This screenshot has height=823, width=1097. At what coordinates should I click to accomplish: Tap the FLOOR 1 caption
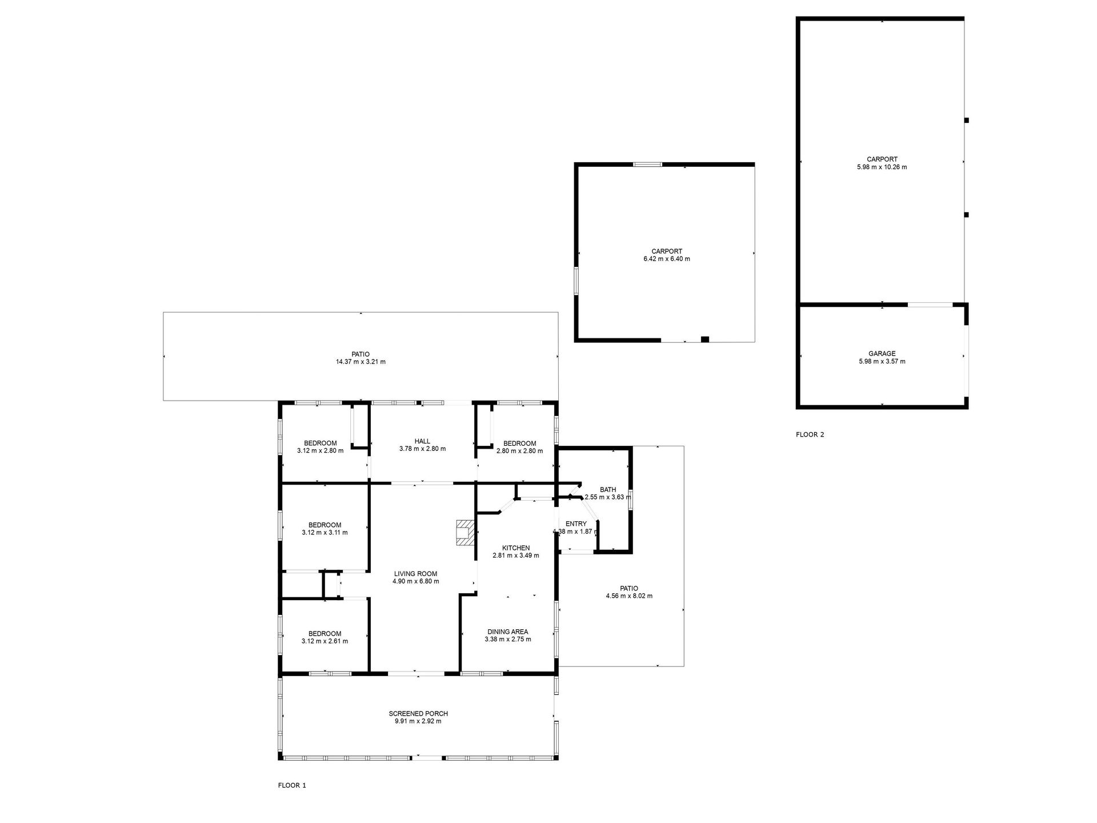pyautogui.click(x=292, y=785)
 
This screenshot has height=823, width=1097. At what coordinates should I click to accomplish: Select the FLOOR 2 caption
pyautogui.click(x=810, y=434)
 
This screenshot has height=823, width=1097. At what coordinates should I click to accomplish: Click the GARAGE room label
pyautogui.click(x=882, y=354)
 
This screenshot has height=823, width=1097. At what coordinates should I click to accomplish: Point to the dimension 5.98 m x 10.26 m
pyautogui.click(x=882, y=167)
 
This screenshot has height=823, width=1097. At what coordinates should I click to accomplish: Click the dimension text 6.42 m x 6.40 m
pyautogui.click(x=667, y=259)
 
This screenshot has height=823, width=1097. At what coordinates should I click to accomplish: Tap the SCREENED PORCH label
pyautogui.click(x=418, y=714)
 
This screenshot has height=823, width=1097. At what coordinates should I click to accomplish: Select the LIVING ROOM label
pyautogui.click(x=415, y=574)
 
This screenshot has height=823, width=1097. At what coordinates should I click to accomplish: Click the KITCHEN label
pyautogui.click(x=516, y=548)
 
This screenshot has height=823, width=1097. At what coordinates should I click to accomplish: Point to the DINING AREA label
pyautogui.click(x=508, y=632)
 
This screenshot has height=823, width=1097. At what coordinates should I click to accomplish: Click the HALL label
pyautogui.click(x=422, y=441)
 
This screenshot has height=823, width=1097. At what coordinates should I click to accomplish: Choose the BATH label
pyautogui.click(x=608, y=490)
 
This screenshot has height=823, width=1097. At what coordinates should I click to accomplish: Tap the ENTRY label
pyautogui.click(x=576, y=524)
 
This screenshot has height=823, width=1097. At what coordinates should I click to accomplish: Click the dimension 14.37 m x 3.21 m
pyautogui.click(x=361, y=362)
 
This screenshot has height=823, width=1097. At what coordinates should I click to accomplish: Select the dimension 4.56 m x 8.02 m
pyautogui.click(x=629, y=596)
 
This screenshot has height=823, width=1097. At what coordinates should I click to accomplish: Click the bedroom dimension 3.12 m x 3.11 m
pyautogui.click(x=325, y=533)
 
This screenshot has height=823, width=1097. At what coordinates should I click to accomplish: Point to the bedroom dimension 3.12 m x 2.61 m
pyautogui.click(x=325, y=641)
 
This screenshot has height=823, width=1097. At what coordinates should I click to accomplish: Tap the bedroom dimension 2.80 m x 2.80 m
pyautogui.click(x=519, y=451)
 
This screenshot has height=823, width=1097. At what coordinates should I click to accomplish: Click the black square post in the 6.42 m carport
pyautogui.click(x=704, y=339)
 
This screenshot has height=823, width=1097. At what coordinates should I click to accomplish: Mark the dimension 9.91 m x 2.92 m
pyautogui.click(x=418, y=721)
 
